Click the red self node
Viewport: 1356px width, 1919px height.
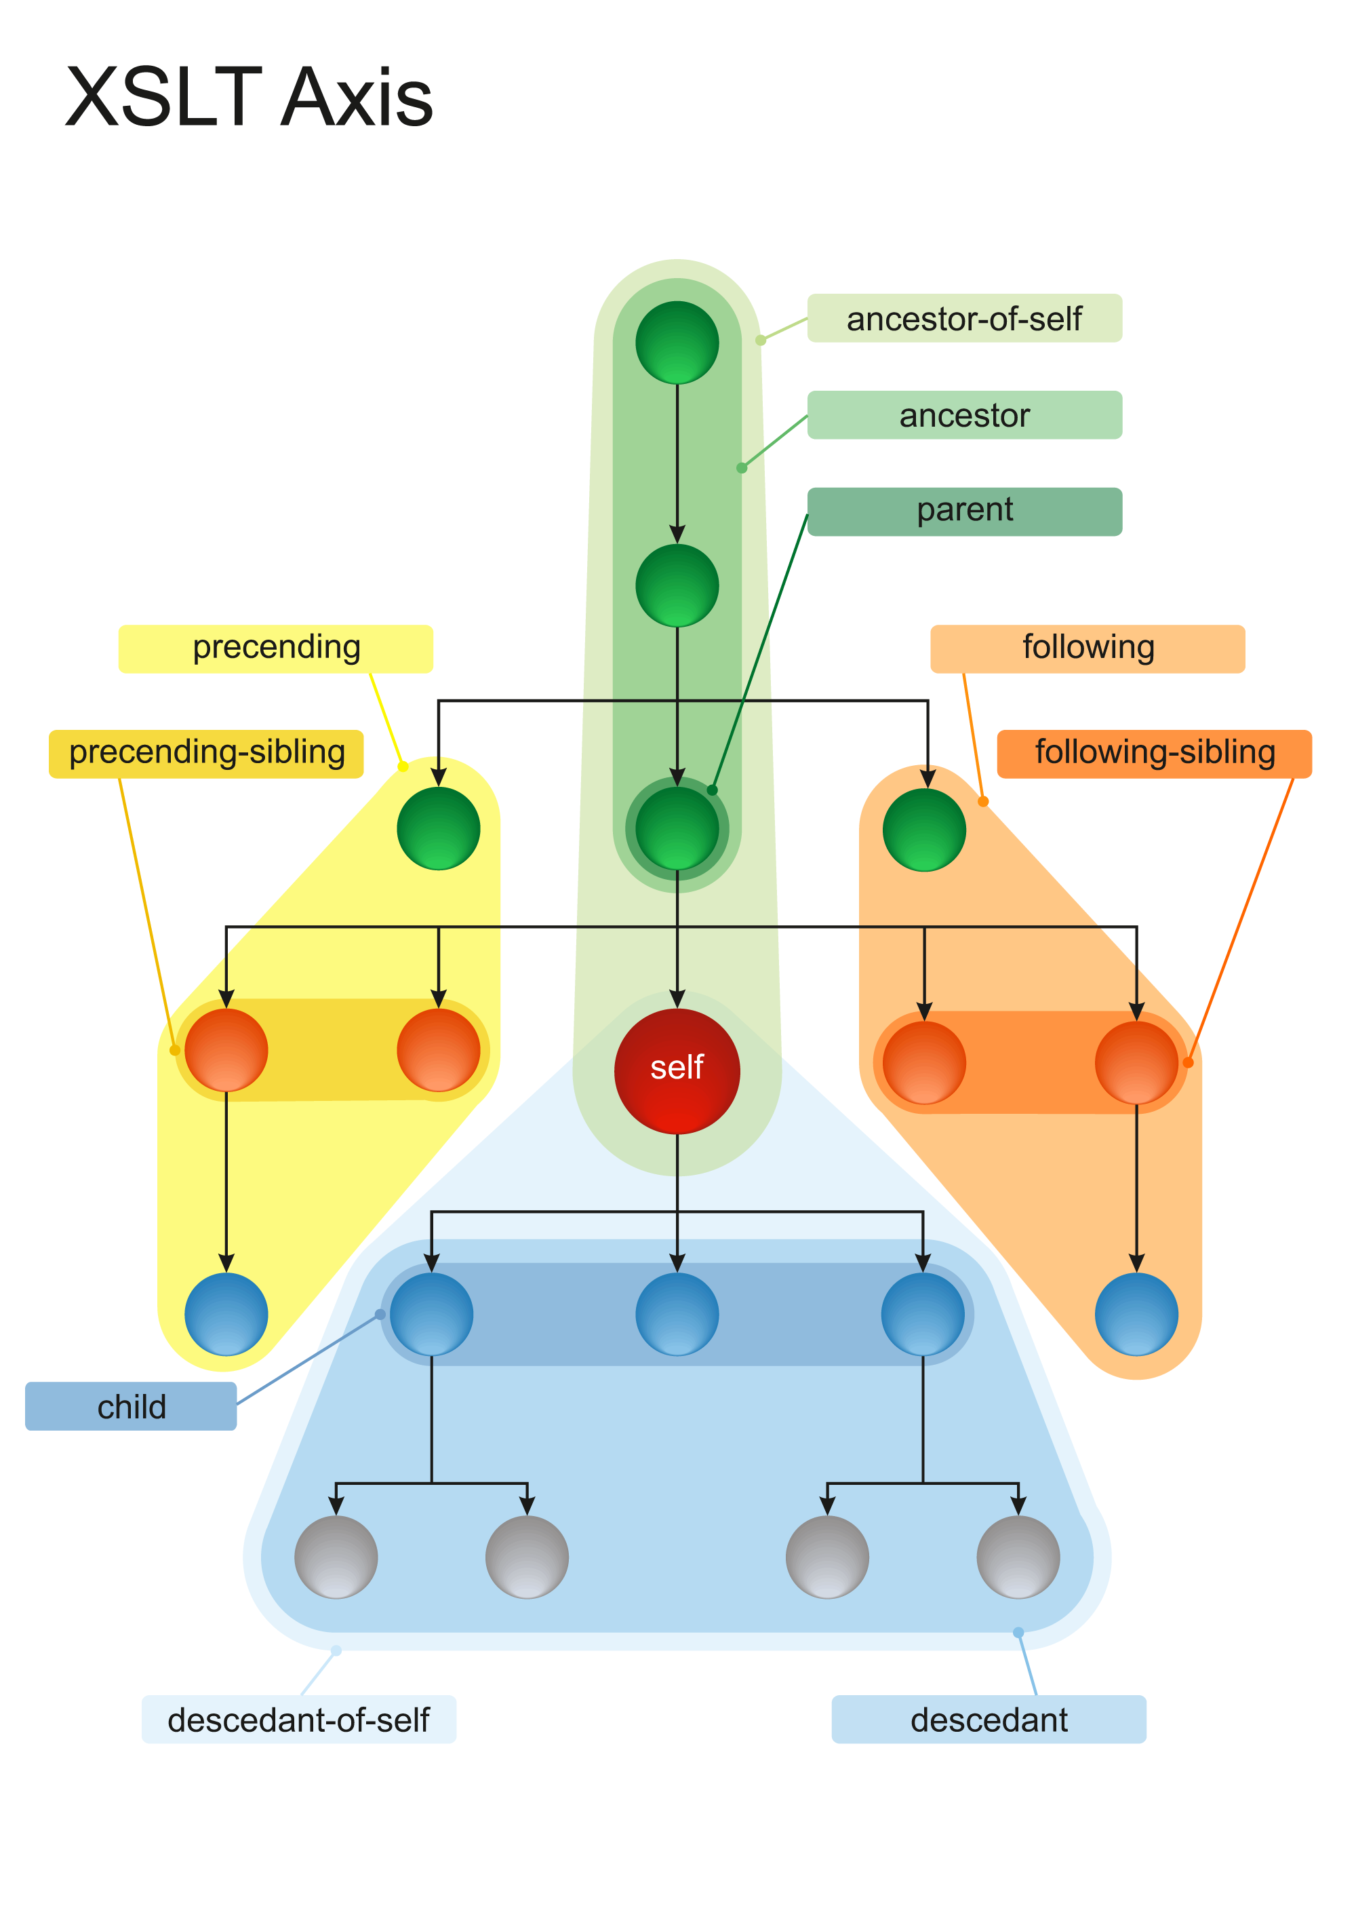pyautogui.click(x=677, y=1070)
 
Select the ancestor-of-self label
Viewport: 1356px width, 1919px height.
pyautogui.click(x=964, y=318)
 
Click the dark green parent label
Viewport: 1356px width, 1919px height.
pyautogui.click(x=964, y=511)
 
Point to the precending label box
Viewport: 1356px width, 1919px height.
pyautogui.click(x=276, y=648)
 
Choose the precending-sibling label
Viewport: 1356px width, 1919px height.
pyautogui.click(x=206, y=753)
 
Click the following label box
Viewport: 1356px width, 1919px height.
pyautogui.click(x=1087, y=648)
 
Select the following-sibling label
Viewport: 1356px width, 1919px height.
pyautogui.click(x=1154, y=753)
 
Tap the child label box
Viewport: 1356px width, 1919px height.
pyautogui.click(x=131, y=1407)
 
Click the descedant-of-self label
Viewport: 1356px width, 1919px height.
pyautogui.click(x=298, y=1720)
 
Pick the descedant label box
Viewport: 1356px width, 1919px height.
pyautogui.click(x=989, y=1720)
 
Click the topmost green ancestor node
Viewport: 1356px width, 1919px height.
pyautogui.click(x=677, y=343)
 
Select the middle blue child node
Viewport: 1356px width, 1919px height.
pyautogui.click(x=677, y=1314)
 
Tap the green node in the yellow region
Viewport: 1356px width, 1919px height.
pyautogui.click(x=439, y=829)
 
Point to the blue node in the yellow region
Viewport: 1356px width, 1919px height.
pyautogui.click(x=226, y=1314)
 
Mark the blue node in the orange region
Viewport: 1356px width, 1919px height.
pyautogui.click(x=1136, y=1314)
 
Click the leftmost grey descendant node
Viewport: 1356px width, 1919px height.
pyautogui.click(x=336, y=1557)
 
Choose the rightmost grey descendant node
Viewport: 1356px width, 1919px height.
pyautogui.click(x=1018, y=1557)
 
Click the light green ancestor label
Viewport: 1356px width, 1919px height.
pyautogui.click(x=964, y=415)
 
